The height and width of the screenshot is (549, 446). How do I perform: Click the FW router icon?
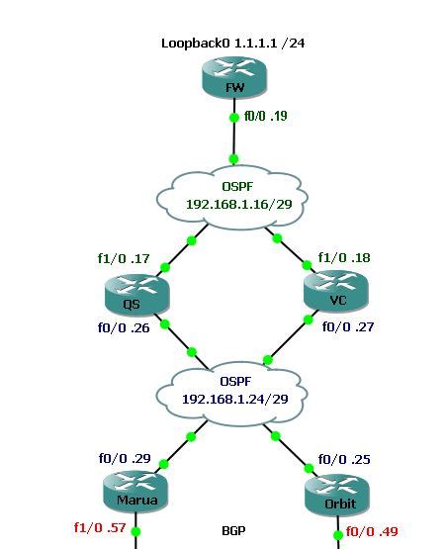pos(234,78)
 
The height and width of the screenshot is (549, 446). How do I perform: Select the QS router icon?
pos(137,294)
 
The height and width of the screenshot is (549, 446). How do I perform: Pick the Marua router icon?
pos(136,492)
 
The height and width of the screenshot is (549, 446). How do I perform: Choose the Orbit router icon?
pos(337,495)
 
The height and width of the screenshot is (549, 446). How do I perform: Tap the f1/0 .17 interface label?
pos(124,259)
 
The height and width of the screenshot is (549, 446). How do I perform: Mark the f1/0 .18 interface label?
pos(343,258)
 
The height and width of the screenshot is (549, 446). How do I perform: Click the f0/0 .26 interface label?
pos(124,328)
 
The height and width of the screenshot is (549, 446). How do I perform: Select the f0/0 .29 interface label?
pos(124,459)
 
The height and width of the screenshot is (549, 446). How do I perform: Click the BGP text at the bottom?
pos(233,530)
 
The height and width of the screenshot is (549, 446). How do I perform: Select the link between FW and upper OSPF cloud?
pos(233,138)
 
